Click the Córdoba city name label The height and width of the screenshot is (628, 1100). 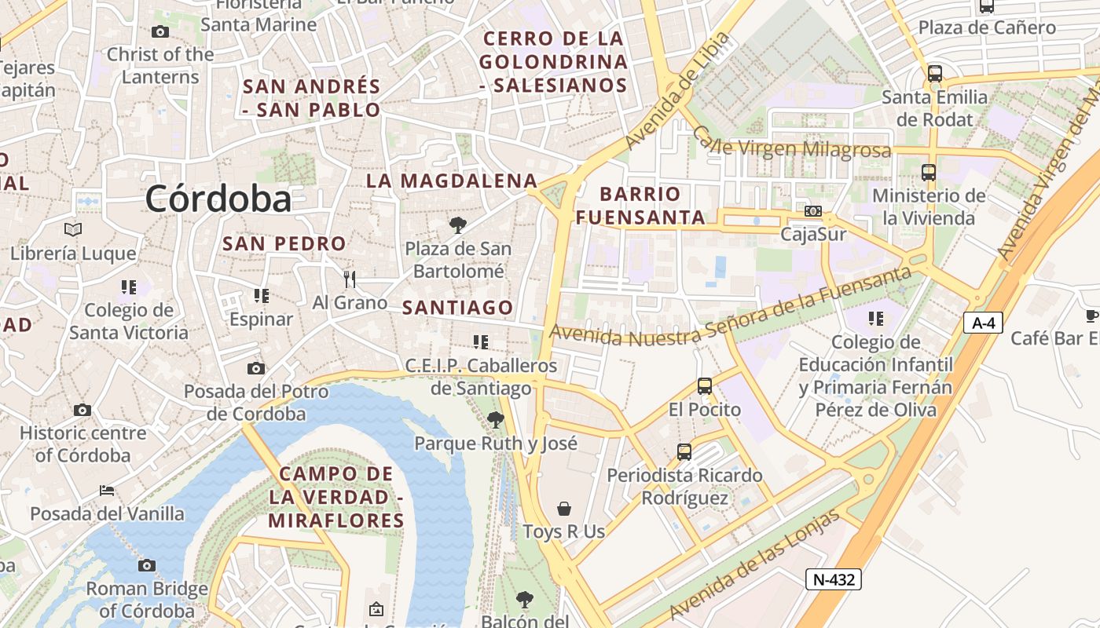click(x=218, y=199)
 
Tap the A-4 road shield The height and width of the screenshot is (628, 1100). click(x=983, y=323)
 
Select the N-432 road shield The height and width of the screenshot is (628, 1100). click(x=834, y=579)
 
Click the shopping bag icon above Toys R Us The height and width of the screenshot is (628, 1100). click(x=563, y=509)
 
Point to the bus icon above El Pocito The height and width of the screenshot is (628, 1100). click(x=705, y=386)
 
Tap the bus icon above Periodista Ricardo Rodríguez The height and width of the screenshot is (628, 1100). click(x=684, y=452)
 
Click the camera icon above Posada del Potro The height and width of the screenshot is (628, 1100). click(x=256, y=368)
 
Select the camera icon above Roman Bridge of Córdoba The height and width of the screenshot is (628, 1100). click(x=147, y=565)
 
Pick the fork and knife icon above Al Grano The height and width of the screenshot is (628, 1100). click(x=350, y=279)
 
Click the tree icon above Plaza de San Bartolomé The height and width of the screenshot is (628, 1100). click(x=457, y=226)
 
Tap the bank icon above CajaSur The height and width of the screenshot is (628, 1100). click(x=813, y=211)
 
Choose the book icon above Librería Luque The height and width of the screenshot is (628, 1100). click(x=73, y=230)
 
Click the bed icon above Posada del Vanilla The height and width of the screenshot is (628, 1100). click(x=107, y=491)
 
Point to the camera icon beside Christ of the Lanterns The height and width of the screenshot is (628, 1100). click(x=160, y=32)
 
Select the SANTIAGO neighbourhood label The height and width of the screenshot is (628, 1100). click(x=458, y=308)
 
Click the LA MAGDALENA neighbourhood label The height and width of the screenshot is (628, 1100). click(x=452, y=181)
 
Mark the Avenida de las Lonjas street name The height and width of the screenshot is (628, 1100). click(x=754, y=564)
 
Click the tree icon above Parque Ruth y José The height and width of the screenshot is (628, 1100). click(x=495, y=420)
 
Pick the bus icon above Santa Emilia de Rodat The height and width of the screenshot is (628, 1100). click(x=934, y=75)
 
